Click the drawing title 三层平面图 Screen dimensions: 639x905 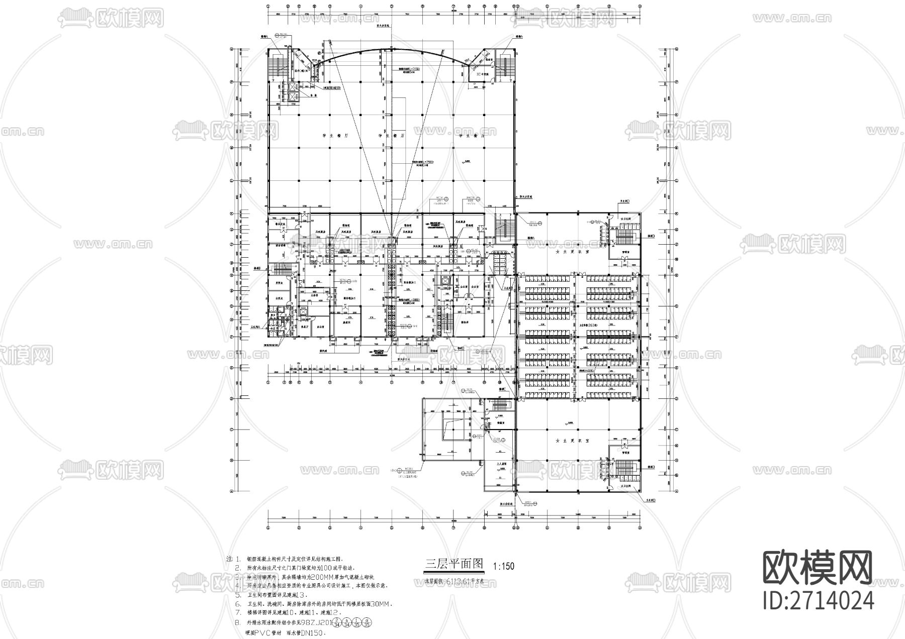[454, 563]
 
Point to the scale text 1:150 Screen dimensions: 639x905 [504, 566]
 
